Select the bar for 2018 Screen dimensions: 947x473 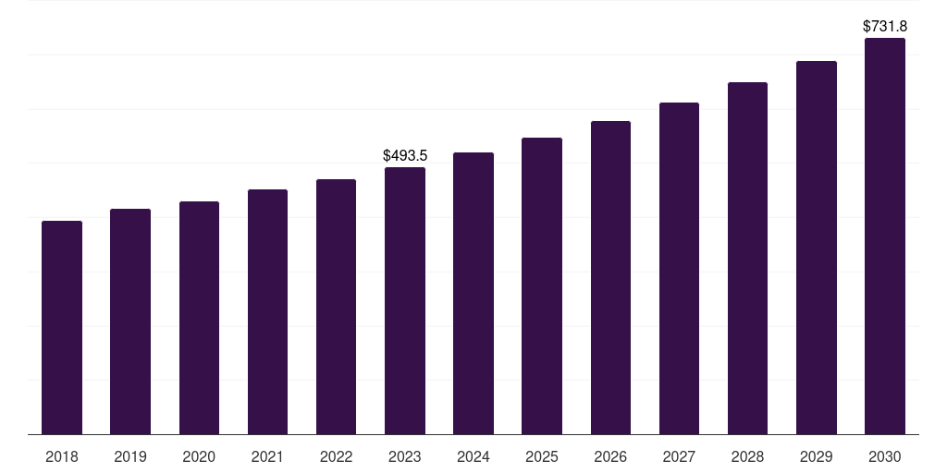click(x=62, y=328)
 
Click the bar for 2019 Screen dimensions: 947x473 click(x=130, y=321)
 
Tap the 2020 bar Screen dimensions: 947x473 click(x=199, y=318)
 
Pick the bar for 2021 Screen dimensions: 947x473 click(x=267, y=312)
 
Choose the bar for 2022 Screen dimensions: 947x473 click(x=336, y=307)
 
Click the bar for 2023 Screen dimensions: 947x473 click(x=405, y=300)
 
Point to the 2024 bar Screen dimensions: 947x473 click(x=473, y=293)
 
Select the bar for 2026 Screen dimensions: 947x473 click(x=610, y=277)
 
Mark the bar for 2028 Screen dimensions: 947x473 click(x=747, y=259)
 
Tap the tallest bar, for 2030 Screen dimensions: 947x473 click(x=885, y=236)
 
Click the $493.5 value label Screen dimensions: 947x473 click(x=405, y=155)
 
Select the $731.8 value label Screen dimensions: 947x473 click(x=885, y=27)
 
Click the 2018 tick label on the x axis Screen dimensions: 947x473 click(x=62, y=456)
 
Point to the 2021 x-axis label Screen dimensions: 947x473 click(x=267, y=456)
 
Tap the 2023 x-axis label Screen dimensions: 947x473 click(x=405, y=456)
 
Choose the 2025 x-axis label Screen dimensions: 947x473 click(x=542, y=456)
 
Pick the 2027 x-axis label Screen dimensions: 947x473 click(x=679, y=456)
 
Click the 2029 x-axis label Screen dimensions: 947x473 click(x=816, y=456)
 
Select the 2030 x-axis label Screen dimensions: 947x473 click(x=885, y=456)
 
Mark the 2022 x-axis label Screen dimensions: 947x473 click(x=336, y=456)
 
